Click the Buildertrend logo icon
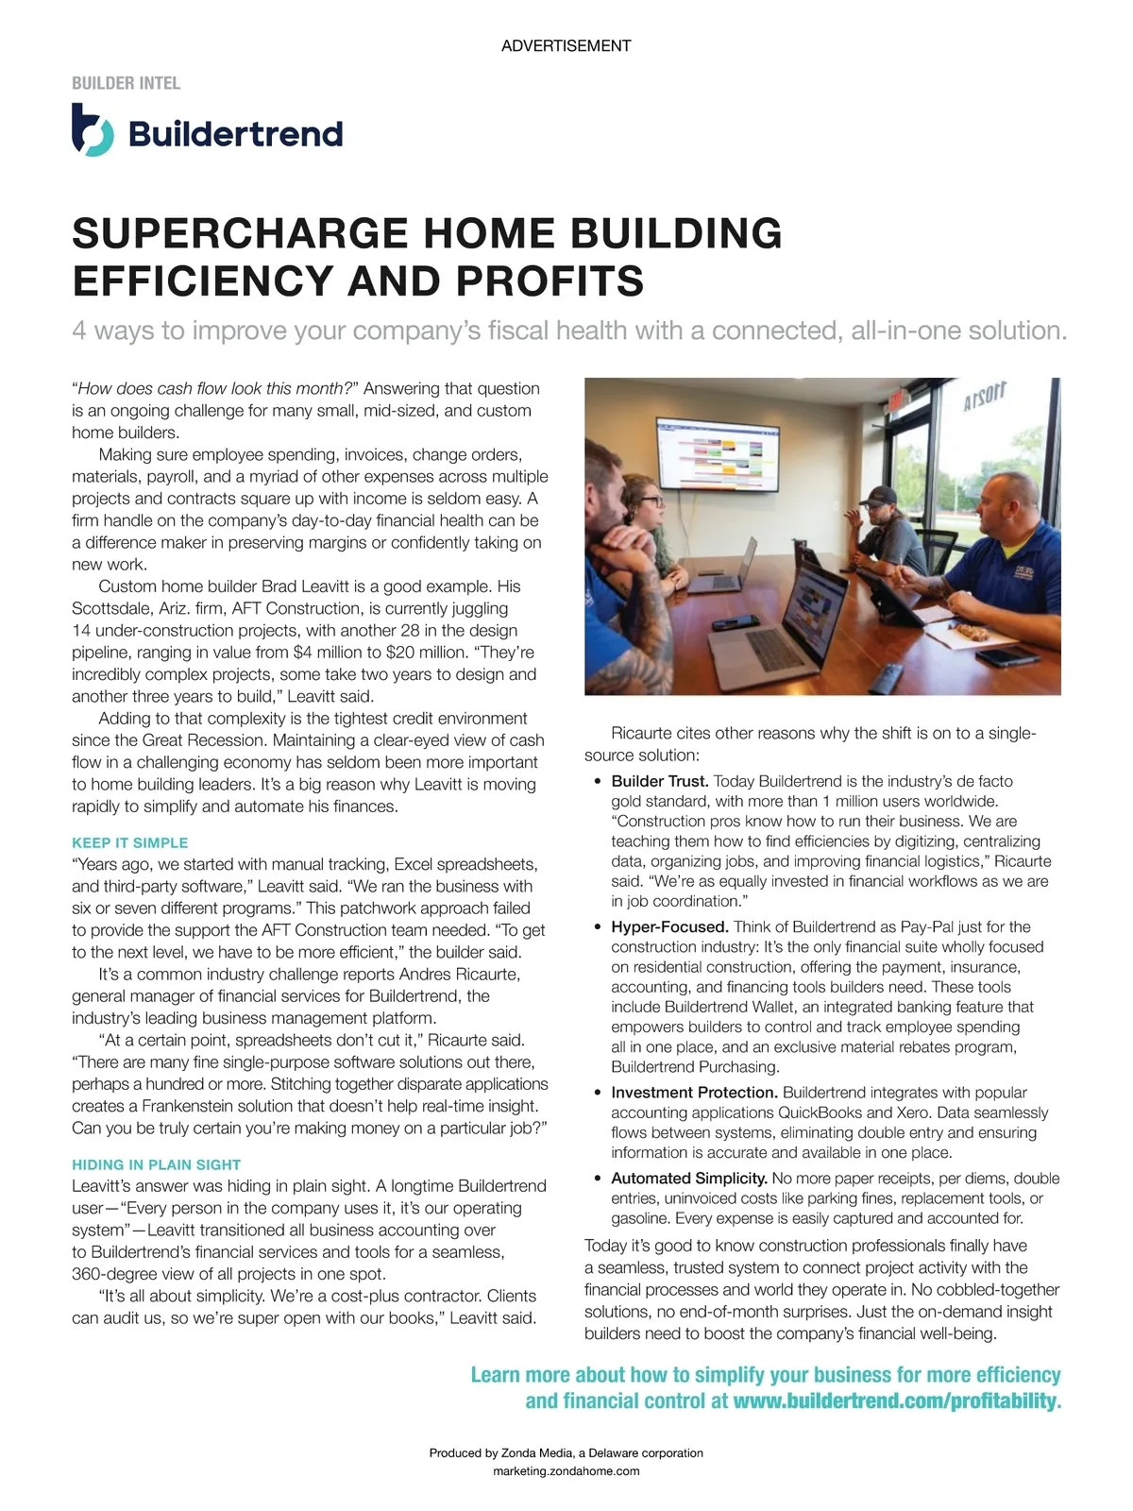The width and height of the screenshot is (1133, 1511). pyautogui.click(x=93, y=131)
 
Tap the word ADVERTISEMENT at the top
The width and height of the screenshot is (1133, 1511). pyautogui.click(x=566, y=45)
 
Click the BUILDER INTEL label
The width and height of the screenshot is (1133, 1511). pyautogui.click(x=126, y=83)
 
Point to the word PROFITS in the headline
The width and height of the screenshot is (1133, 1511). pyautogui.click(x=551, y=280)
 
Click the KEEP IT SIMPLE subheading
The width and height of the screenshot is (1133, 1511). pyautogui.click(x=129, y=842)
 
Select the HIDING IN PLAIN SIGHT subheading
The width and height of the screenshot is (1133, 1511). pyautogui.click(x=156, y=1164)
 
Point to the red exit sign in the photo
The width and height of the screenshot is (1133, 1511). pyautogui.click(x=895, y=399)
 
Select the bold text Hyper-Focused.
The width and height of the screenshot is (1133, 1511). pyautogui.click(x=669, y=926)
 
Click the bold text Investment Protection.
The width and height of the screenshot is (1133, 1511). pyautogui.click(x=694, y=1092)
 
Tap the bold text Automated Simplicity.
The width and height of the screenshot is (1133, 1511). pyautogui.click(x=689, y=1178)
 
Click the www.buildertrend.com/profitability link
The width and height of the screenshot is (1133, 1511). pyautogui.click(x=896, y=1401)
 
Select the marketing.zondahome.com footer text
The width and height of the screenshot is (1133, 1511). pyautogui.click(x=566, y=1470)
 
